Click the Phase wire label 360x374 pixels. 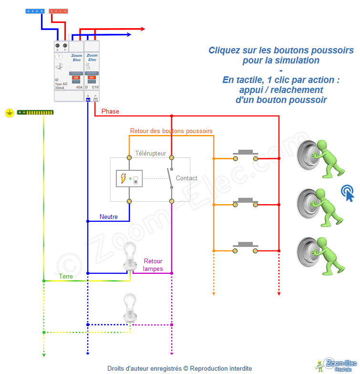pyautogui.click(x=110, y=111)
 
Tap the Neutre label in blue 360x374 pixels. pyautogui.click(x=108, y=217)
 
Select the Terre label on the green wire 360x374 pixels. pyautogui.click(x=66, y=276)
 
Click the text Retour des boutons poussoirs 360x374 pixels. pyautogui.click(x=171, y=131)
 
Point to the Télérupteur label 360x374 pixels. pyautogui.click(x=151, y=153)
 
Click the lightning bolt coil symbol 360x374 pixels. pyautogui.click(x=123, y=179)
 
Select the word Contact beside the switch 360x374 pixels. pyautogui.click(x=186, y=178)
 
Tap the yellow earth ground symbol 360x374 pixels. pyautogui.click(x=9, y=113)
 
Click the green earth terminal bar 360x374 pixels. pyautogui.click(x=35, y=112)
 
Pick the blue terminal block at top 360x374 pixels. pyautogui.click(x=35, y=10)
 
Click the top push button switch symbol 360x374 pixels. pyautogui.click(x=245, y=156)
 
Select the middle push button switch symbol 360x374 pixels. pyautogui.click(x=245, y=202)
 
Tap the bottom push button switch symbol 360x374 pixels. pyautogui.click(x=245, y=247)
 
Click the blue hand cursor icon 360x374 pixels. pyautogui.click(x=348, y=193)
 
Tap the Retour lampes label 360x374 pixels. pyautogui.click(x=153, y=265)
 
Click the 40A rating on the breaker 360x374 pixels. pyautogui.click(x=79, y=88)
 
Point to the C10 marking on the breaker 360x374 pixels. pyautogui.click(x=95, y=88)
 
